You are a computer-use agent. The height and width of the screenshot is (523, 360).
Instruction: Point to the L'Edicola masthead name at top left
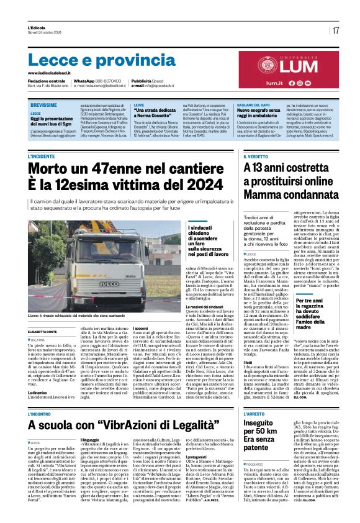point(37,27)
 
